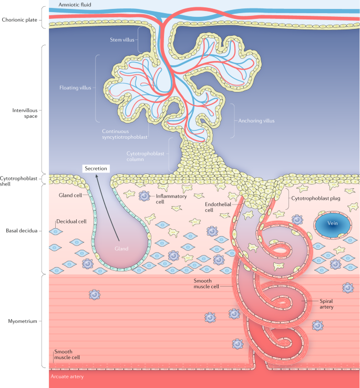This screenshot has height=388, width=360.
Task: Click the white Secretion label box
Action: (x=96, y=168)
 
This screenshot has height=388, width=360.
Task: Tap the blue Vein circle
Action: (x=332, y=224)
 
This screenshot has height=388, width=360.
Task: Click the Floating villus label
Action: (x=75, y=87)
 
